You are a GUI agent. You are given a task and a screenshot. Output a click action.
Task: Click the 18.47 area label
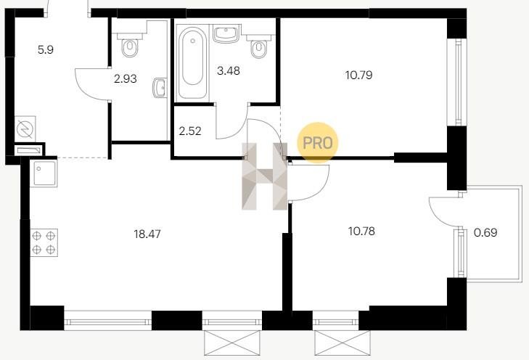(147, 234)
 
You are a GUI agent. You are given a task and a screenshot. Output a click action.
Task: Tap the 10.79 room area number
(358, 75)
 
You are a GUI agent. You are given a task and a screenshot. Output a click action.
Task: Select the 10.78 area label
(361, 232)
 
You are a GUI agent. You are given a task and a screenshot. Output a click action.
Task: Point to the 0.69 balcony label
(485, 232)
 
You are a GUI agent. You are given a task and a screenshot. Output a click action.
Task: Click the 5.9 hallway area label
(46, 50)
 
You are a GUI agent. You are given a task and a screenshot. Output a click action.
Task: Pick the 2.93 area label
(125, 78)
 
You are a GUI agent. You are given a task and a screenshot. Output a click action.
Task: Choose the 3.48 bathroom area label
(229, 71)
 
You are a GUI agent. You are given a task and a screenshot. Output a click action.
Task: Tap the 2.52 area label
(190, 131)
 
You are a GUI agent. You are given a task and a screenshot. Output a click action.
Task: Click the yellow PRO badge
(317, 143)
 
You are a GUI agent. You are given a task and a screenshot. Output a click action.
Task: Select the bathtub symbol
(192, 62)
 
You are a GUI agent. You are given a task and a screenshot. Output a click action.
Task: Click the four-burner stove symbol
(44, 242)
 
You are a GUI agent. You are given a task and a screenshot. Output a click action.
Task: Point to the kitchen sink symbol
(44, 173)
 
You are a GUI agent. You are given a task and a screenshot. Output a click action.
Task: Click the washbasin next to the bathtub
(226, 33)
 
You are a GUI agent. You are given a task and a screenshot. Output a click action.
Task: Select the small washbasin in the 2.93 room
(160, 88)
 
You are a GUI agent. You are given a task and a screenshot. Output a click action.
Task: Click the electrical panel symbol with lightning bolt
(25, 129)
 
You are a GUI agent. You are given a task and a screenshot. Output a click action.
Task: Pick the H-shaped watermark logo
(264, 176)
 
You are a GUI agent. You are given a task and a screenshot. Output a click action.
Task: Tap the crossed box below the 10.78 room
(342, 343)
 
